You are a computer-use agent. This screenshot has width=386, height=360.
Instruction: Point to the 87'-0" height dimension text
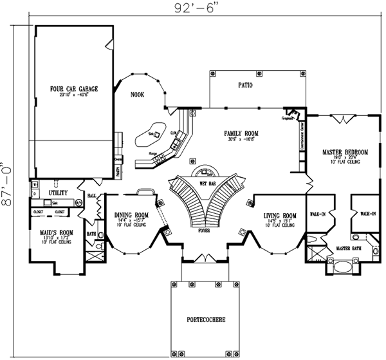pyautogui.click(x=6, y=184)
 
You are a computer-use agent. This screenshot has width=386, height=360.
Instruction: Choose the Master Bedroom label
pyautogui.click(x=345, y=152)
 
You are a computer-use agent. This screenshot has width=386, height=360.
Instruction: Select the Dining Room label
pyautogui.click(x=131, y=216)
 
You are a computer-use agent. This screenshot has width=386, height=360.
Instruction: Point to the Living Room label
pyautogui.click(x=280, y=216)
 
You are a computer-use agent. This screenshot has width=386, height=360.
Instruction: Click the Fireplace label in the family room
pyautogui.click(x=287, y=118)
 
